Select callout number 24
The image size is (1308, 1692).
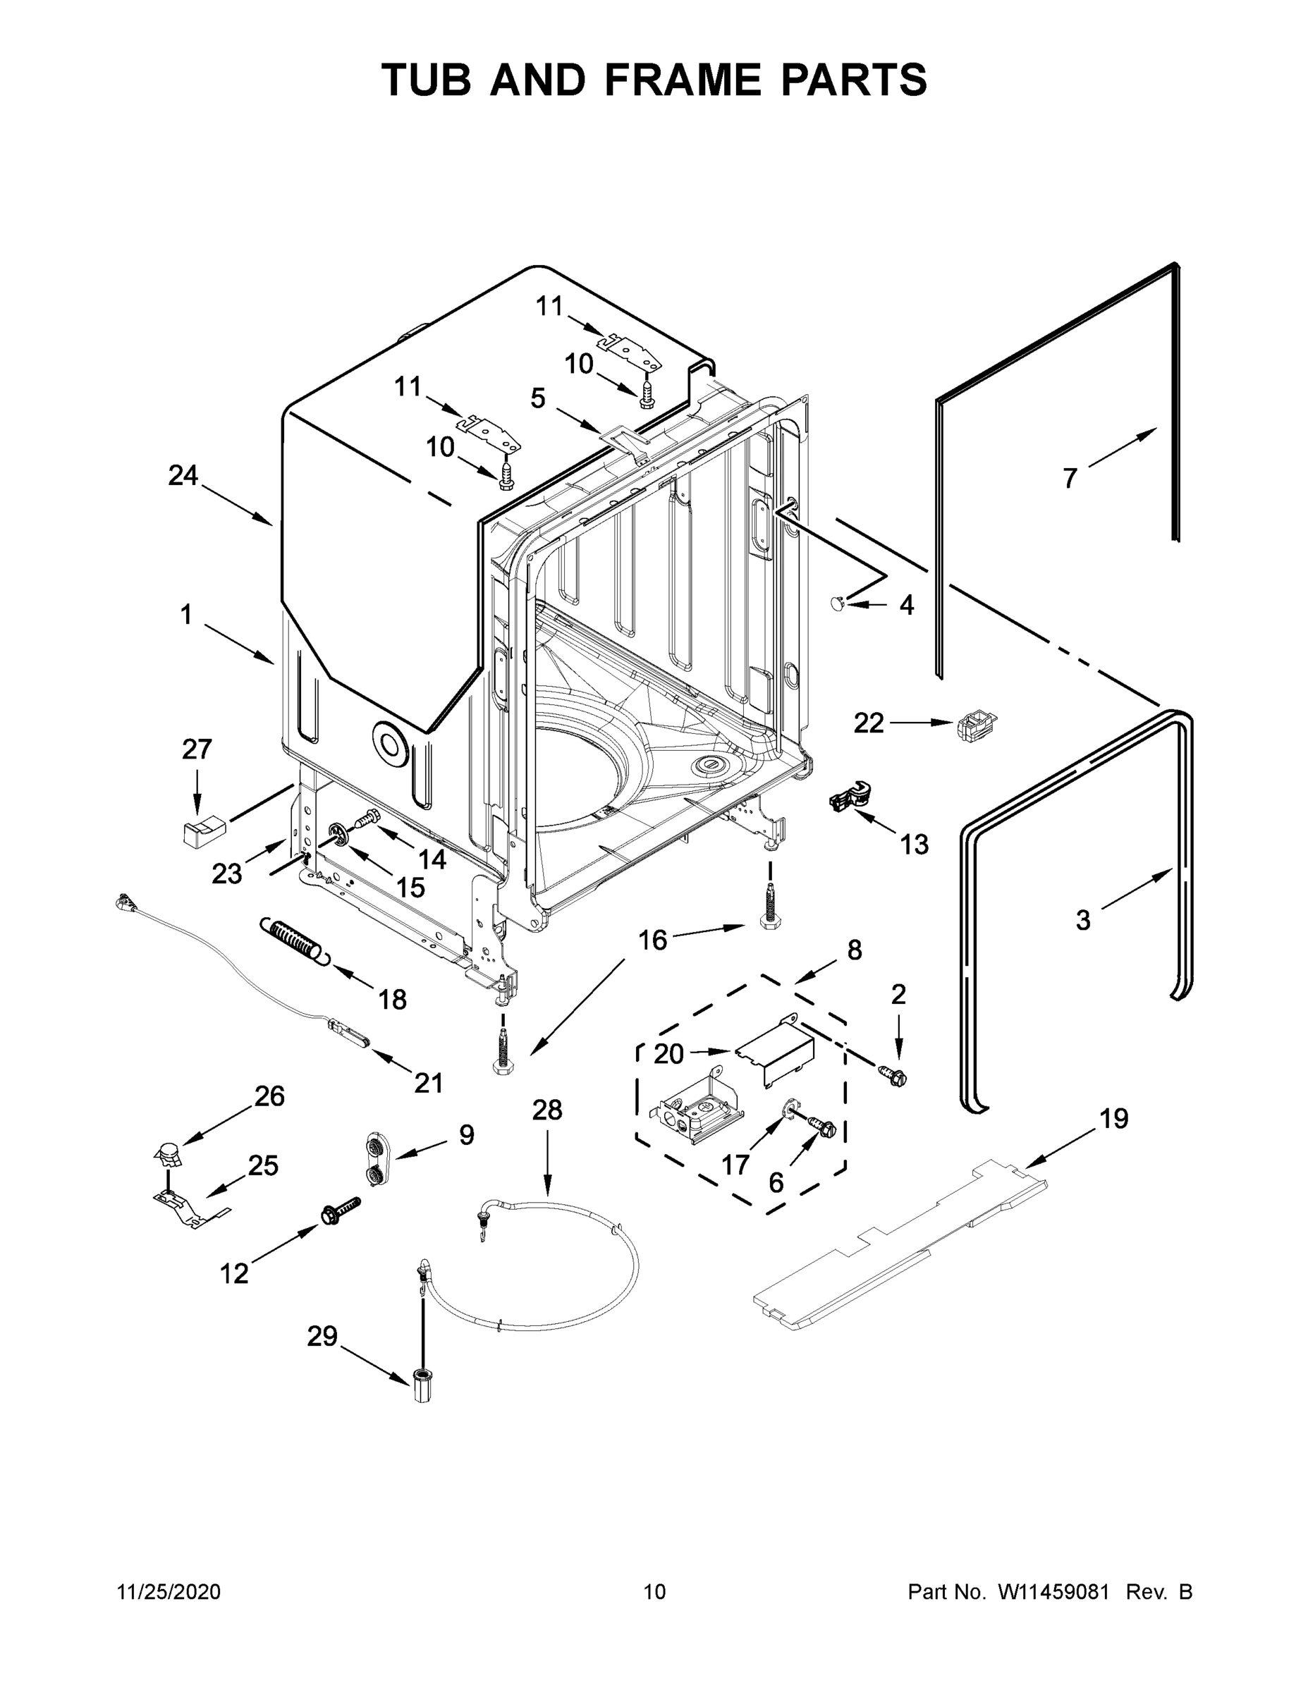183,476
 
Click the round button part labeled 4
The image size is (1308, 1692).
837,603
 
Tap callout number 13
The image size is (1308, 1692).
915,845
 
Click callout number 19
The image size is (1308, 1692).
1113,1118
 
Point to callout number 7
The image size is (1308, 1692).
1070,479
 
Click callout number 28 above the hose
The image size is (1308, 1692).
547,1110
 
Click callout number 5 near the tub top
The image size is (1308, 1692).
538,398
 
